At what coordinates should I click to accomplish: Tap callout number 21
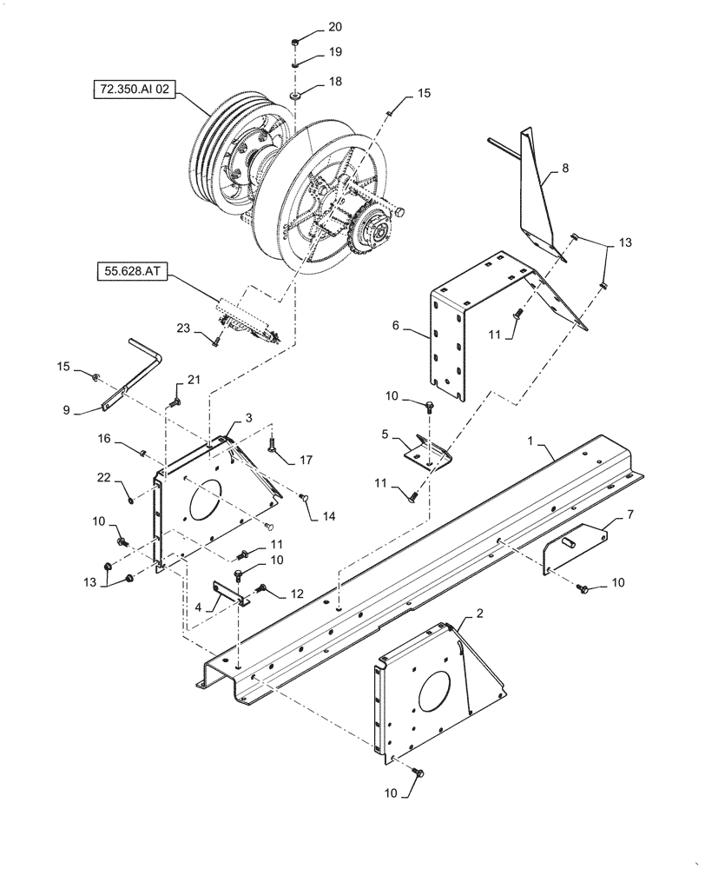click(x=193, y=379)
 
